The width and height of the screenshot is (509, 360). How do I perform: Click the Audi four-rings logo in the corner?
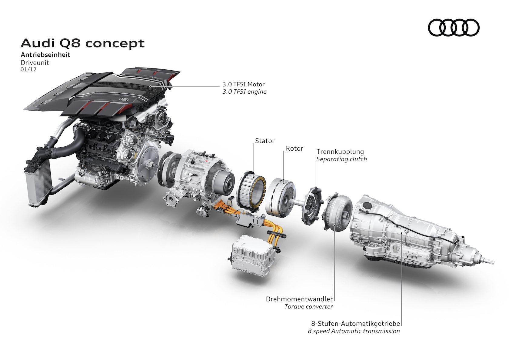pyautogui.click(x=454, y=28)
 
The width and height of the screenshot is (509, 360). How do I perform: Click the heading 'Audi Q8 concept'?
pyautogui.click(x=82, y=43)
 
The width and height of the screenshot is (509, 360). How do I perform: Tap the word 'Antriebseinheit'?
pyautogui.click(x=45, y=55)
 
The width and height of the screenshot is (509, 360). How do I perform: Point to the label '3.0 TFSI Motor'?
pyautogui.click(x=243, y=84)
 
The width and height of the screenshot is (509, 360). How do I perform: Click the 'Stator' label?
pyautogui.click(x=264, y=141)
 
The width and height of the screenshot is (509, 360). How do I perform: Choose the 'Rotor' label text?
pyautogui.click(x=294, y=148)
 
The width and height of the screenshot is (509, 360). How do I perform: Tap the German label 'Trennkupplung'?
pyautogui.click(x=340, y=152)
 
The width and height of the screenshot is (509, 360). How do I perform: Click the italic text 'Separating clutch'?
pyautogui.click(x=341, y=159)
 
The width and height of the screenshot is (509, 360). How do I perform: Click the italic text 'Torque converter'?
pyautogui.click(x=308, y=306)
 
